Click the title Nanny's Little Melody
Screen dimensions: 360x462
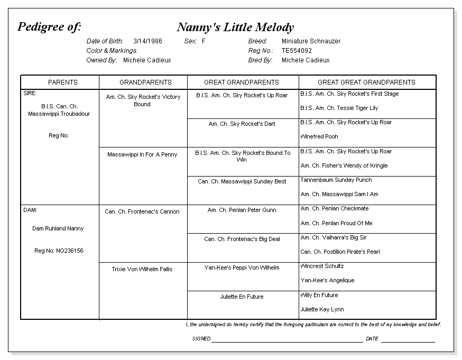[x=235, y=27]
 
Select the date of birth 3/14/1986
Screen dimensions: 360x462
[x=147, y=41]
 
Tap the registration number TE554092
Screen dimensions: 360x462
[x=297, y=51]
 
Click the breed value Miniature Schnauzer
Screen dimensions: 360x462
[x=311, y=41]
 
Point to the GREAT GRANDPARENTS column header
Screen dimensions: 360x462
[x=242, y=82]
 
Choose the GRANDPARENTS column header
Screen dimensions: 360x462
[x=145, y=82]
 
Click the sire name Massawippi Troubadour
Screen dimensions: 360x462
[x=59, y=114]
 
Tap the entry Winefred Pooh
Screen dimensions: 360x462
[x=319, y=136]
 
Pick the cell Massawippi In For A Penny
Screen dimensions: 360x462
[x=142, y=154]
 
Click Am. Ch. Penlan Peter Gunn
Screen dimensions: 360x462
[x=242, y=210]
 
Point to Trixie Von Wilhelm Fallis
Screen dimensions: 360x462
[x=142, y=269]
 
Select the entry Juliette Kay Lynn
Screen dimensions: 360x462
[x=322, y=309]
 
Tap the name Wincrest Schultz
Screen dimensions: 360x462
[x=322, y=266]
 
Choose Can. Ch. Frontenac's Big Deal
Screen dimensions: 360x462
[x=242, y=239]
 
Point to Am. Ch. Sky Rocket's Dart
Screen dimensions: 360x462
[x=242, y=124]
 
